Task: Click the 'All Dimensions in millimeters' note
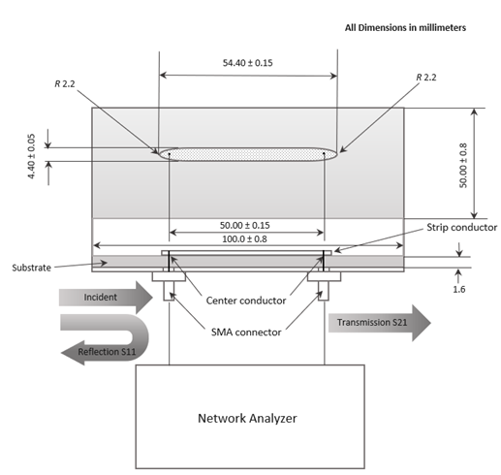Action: coord(406,28)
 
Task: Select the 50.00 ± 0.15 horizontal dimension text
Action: coord(246,224)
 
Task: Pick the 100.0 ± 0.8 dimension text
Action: coord(246,238)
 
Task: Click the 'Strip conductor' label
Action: coord(461,228)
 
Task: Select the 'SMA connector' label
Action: coord(246,332)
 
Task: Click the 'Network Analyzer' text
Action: coord(248,418)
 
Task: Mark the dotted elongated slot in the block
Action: coord(248,152)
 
